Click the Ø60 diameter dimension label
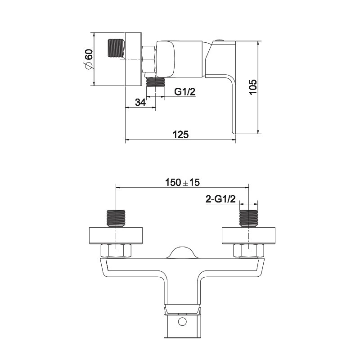89,59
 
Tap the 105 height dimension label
253,87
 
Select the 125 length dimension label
181,135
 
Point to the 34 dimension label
140,103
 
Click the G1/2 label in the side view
185,92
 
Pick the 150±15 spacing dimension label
183,183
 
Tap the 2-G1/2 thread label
220,199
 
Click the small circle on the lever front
183,322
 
